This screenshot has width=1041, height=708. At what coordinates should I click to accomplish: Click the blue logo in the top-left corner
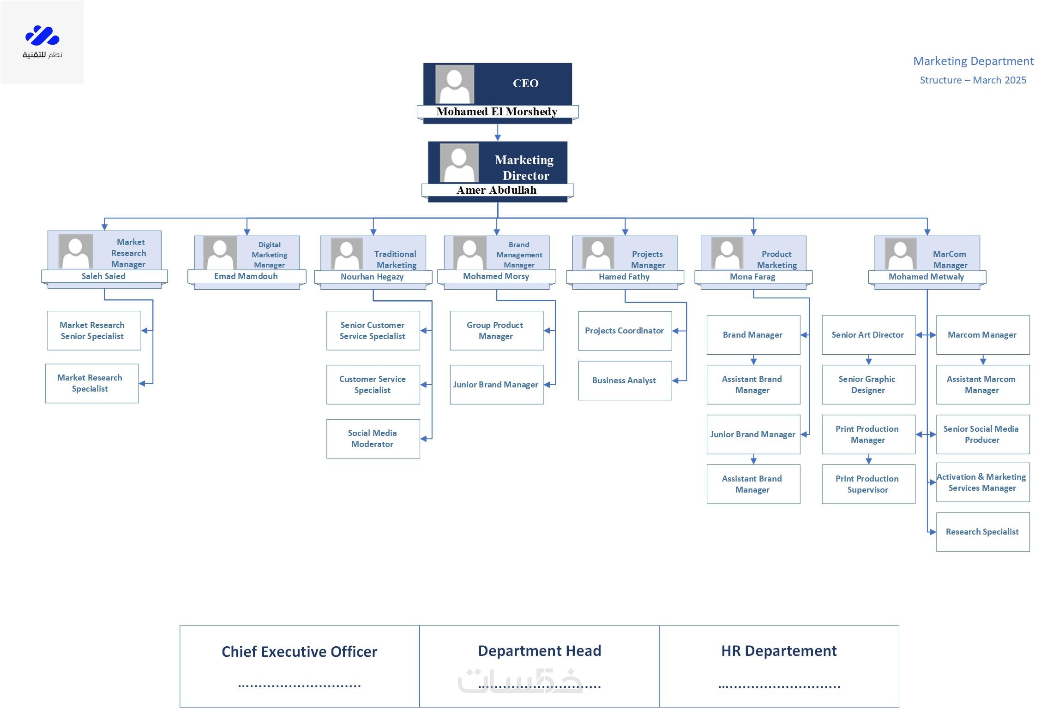coord(42,36)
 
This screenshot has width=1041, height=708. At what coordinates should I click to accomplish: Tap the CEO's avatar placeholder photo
coord(455,84)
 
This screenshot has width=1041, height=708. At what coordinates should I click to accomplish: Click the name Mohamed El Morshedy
coord(497,112)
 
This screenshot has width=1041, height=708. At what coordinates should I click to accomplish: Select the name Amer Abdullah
coord(497,190)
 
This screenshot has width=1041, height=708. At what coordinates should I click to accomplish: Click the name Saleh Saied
coord(103,276)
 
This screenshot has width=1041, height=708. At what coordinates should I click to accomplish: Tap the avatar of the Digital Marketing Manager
coord(220,253)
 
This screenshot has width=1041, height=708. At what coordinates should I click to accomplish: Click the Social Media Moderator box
coord(373,439)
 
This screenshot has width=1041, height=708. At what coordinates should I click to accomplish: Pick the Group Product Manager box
coord(496,331)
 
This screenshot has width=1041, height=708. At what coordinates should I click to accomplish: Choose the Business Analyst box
coord(625,381)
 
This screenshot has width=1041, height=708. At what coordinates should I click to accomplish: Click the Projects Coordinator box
coord(625,331)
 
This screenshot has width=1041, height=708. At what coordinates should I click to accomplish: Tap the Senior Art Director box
coord(868,335)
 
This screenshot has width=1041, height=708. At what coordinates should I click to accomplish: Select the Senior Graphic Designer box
coord(868,385)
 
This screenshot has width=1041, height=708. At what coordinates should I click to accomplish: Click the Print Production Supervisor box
coord(868,484)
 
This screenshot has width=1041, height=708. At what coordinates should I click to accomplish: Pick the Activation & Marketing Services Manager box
coord(982,482)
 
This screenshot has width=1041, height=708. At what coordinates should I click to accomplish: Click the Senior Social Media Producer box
coord(982,434)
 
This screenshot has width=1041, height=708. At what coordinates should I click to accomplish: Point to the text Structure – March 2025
coord(973,80)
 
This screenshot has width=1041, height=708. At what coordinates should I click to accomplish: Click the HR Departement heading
coord(779,651)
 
